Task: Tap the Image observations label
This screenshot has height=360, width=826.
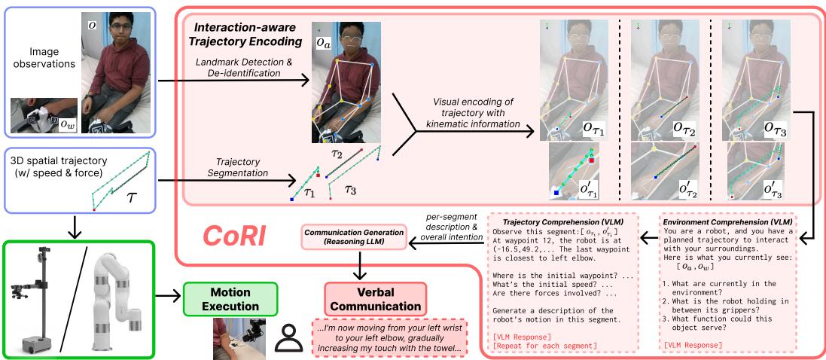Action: [39, 66]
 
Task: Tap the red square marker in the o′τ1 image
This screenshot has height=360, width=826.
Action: [593, 160]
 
